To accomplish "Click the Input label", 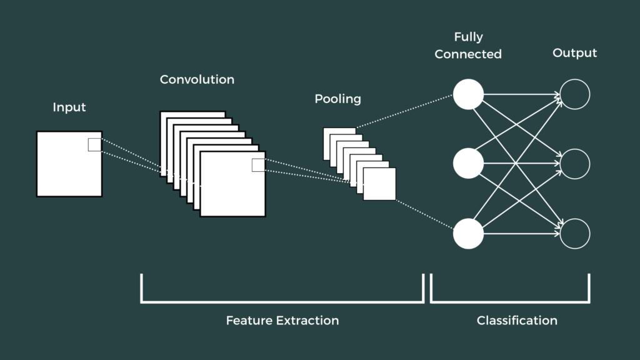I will click(69, 107).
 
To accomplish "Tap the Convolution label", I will click(197, 79).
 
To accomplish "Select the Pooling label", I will click(337, 99).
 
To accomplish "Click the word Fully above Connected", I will click(468, 37).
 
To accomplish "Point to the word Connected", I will click(468, 54).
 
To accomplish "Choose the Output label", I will click(574, 53).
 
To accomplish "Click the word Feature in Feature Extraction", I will click(249, 321).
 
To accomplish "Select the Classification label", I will click(517, 321).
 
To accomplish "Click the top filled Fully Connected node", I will click(468, 95).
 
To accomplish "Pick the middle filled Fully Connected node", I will click(468, 164).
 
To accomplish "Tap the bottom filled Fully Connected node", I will click(468, 234).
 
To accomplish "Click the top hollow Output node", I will click(575, 95).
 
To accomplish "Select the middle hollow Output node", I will click(575, 164).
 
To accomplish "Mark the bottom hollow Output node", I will click(575, 234).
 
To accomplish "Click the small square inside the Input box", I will click(94, 144).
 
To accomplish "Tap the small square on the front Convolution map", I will click(258, 165).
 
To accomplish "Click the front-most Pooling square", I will click(379, 184).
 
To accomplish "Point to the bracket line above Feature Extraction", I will click(282, 302).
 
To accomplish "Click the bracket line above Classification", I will click(510, 302).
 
